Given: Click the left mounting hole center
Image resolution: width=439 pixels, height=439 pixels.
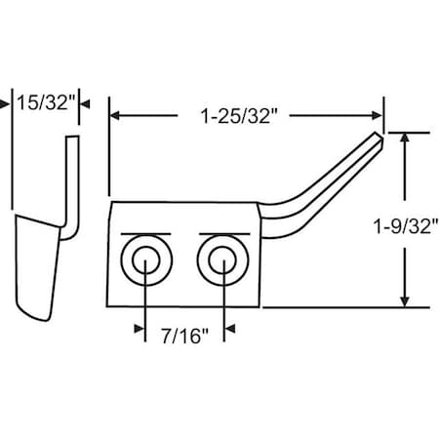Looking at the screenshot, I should point(145,262).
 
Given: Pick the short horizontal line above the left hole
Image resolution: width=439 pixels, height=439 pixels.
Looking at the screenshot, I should point(145,234).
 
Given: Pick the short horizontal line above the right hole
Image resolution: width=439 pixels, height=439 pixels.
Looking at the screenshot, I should point(223,234).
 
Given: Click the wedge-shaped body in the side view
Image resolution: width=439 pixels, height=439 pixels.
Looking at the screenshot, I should point(39,263).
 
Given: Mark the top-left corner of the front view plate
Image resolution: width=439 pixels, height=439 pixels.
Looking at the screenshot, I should point(116,202).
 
